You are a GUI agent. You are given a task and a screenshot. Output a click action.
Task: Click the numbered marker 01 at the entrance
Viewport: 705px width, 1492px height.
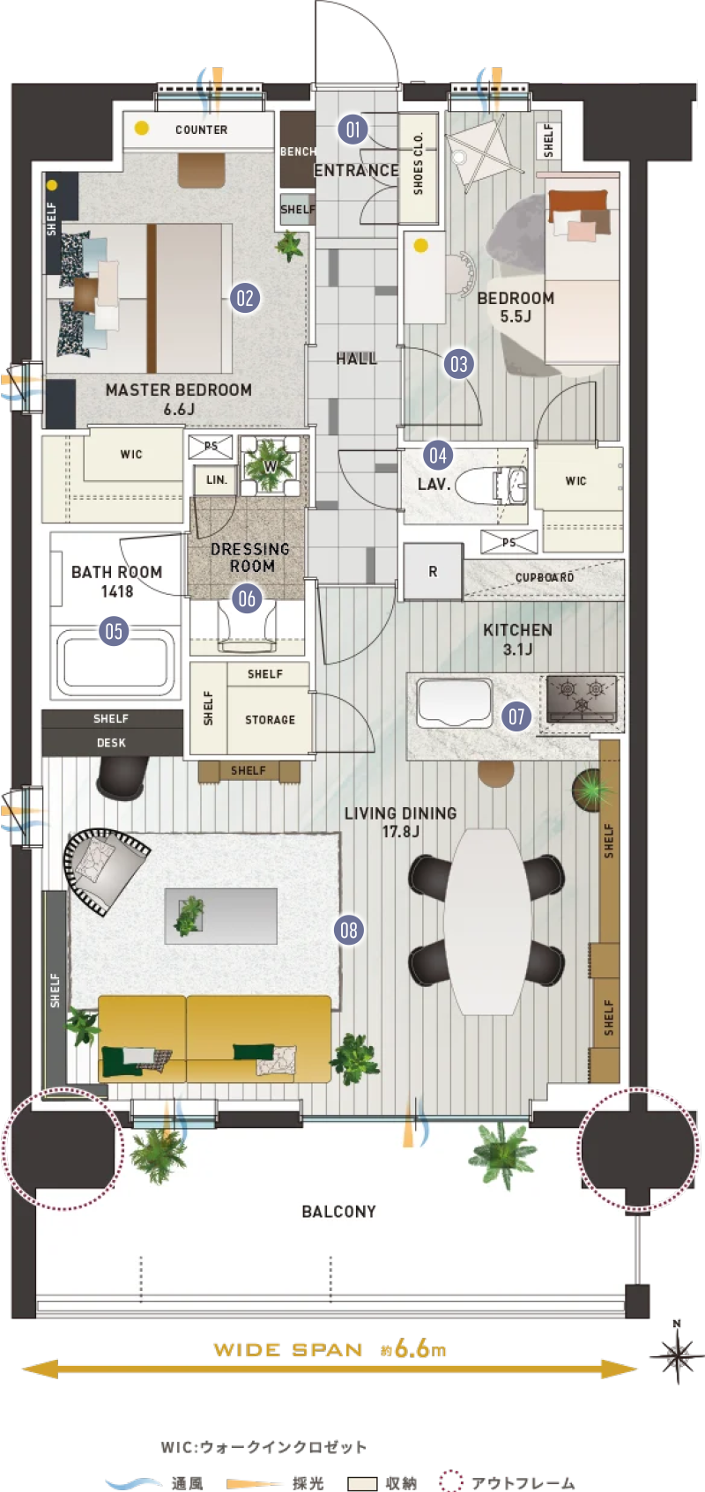pos(352,130)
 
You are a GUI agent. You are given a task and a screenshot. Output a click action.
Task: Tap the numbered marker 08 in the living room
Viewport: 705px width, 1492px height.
pos(348,930)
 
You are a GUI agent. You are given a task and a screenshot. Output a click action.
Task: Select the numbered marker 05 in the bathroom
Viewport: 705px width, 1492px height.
pos(114,631)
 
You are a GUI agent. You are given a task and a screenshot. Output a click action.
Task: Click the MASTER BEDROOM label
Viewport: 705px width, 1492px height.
pos(179,399)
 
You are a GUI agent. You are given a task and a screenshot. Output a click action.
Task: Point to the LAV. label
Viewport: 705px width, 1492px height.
pos(434,484)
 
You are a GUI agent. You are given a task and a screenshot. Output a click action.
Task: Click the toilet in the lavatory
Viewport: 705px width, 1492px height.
pos(493,485)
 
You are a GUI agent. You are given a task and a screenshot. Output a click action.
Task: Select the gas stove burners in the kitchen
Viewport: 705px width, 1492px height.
pos(581,700)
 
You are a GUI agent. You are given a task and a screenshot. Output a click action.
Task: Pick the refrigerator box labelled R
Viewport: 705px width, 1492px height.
pos(433,571)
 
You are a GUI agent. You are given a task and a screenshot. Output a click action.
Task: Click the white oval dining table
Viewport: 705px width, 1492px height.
pos(487,922)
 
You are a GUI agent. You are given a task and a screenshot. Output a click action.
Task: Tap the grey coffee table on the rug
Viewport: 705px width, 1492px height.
pos(221,916)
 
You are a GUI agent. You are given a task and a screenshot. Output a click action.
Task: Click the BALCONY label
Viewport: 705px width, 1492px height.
pos(338,1212)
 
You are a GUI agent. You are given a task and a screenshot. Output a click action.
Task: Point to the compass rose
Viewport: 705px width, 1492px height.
pos(676,1355)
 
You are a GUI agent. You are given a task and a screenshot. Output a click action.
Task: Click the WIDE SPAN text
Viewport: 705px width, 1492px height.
pos(288,1350)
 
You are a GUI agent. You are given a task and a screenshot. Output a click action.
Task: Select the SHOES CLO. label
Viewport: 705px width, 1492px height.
pos(418,164)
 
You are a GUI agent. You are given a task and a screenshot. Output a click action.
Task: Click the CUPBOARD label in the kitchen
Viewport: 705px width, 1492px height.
pos(545,577)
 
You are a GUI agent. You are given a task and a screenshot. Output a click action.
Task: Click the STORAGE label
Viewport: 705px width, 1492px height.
pos(270,720)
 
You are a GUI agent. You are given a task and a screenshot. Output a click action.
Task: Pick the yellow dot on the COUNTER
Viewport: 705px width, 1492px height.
pos(141,128)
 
